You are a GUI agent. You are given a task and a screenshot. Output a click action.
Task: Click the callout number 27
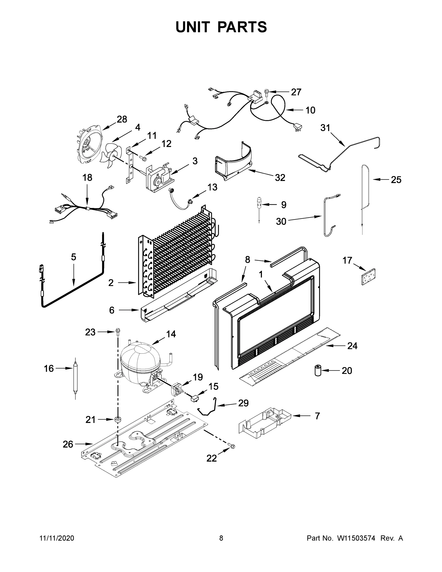[x=296, y=92]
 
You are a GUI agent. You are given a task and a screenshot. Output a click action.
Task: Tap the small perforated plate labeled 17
[x=368, y=276]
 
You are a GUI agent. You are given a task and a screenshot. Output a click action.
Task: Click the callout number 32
[x=280, y=178]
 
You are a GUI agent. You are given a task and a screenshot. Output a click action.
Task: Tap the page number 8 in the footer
[x=221, y=538]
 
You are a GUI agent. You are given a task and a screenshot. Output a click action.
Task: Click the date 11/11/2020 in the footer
[x=56, y=538]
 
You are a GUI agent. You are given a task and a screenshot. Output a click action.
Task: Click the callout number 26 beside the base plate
[x=68, y=444]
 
